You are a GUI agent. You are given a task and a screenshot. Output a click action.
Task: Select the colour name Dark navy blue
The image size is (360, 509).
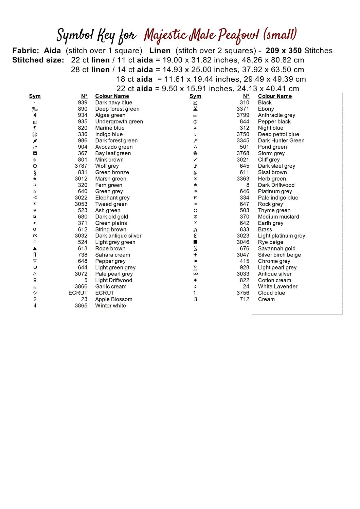pyautogui.click(x=113, y=102)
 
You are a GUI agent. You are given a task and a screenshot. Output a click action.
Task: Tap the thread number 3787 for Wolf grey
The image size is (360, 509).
pyautogui.click(x=81, y=166)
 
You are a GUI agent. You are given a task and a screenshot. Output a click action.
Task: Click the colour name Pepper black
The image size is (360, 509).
pyautogui.click(x=274, y=121)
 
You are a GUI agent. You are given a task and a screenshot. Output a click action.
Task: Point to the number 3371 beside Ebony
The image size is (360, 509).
pyautogui.click(x=243, y=109)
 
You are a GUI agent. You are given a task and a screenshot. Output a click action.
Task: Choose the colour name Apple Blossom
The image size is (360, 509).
pyautogui.click(x=113, y=299)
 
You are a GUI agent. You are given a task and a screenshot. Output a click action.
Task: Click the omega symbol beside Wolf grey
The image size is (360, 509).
pyautogui.click(x=35, y=166)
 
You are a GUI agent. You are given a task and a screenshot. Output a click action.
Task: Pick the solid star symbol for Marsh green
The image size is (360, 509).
pyautogui.click(x=35, y=179)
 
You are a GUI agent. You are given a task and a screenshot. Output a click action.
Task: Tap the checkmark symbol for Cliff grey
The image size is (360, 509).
pyautogui.click(x=195, y=160)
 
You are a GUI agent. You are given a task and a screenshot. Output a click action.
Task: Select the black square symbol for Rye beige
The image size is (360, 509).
pyautogui.click(x=195, y=242)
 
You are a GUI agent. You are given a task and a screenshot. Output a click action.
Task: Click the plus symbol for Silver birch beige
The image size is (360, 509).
pyautogui.click(x=195, y=255)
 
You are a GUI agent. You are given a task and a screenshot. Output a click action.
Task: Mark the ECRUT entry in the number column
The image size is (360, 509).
pyautogui.click(x=78, y=293)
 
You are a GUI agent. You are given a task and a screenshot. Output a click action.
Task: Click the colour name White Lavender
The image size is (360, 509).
pyautogui.click(x=277, y=286)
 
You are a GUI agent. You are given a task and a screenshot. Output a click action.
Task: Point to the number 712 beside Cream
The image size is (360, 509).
pyautogui.click(x=244, y=299)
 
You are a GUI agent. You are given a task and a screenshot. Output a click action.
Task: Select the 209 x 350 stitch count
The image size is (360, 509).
pyautogui.click(x=284, y=51)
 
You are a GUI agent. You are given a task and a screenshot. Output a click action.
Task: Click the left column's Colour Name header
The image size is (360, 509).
pyautogui.click(x=112, y=96)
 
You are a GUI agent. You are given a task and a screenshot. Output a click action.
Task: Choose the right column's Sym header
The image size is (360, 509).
pyautogui.click(x=195, y=96)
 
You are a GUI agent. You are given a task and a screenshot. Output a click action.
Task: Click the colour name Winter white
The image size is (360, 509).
pyautogui.click(x=110, y=306)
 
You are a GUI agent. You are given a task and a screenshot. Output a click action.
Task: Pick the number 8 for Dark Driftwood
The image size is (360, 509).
pyautogui.click(x=248, y=185)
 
